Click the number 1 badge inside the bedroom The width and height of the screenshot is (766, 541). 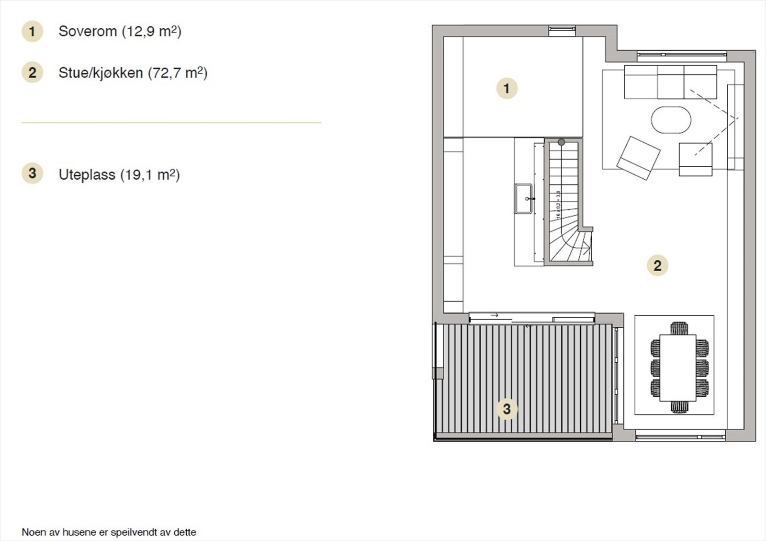(507, 89)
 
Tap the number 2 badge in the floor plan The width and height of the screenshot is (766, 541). (657, 265)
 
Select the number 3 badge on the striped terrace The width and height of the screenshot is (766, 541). (507, 409)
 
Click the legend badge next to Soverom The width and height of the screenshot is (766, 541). (32, 32)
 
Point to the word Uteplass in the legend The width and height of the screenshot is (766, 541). (87, 175)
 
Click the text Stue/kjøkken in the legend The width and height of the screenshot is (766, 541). (101, 73)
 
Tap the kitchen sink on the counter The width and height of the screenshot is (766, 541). (523, 198)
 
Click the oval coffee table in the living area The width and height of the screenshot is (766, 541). (671, 120)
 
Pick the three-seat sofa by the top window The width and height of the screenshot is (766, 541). (670, 82)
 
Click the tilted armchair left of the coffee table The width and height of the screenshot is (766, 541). (638, 158)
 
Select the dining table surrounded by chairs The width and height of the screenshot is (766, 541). (678, 368)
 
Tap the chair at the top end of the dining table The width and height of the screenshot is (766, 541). (679, 329)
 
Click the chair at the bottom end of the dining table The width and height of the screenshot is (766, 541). (679, 407)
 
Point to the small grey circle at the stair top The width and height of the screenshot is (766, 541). (561, 142)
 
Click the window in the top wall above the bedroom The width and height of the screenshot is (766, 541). (562, 30)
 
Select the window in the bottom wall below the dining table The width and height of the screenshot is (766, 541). (680, 436)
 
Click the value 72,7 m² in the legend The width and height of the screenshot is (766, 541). (178, 73)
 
